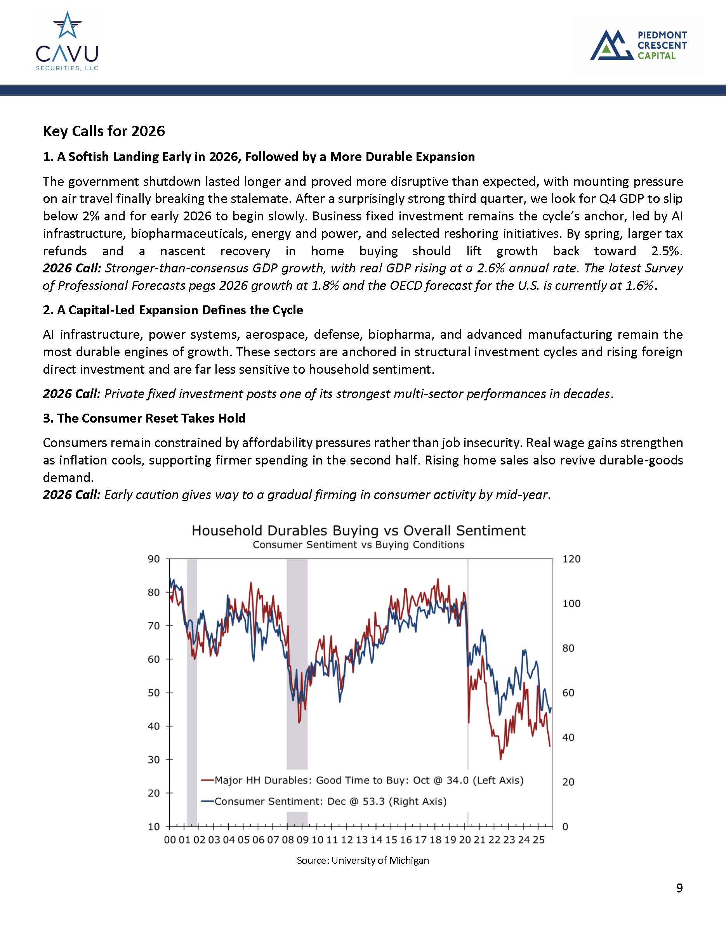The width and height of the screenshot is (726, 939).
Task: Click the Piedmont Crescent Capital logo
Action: click(638, 45)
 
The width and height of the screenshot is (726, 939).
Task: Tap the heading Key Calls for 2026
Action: click(104, 131)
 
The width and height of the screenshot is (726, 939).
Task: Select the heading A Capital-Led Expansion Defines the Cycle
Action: click(173, 310)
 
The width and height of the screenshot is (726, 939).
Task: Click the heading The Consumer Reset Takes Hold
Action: click(144, 418)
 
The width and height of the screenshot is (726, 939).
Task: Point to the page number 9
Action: click(679, 888)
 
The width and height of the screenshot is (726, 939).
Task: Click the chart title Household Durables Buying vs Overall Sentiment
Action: click(358, 530)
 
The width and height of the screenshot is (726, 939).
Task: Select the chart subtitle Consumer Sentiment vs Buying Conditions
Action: click(358, 545)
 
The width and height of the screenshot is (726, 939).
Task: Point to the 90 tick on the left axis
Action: click(153, 559)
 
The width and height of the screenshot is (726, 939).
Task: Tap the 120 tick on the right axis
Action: click(571, 559)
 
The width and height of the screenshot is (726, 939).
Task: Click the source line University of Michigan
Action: click(363, 860)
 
